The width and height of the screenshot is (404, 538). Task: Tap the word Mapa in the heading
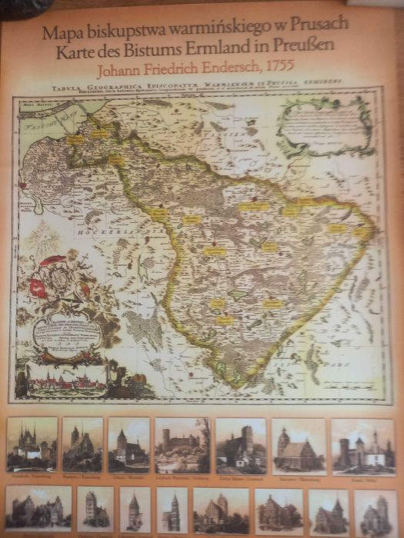pos(60,32)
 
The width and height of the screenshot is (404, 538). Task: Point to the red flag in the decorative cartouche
pos(38,287)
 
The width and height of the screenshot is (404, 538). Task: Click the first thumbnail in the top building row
pos(32,444)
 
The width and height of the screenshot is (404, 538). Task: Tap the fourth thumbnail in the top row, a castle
pos(182,445)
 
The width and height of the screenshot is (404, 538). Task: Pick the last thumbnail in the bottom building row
pos(376,512)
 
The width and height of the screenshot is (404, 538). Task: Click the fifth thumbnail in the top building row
pos(240,445)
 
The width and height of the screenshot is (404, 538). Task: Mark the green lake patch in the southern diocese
pos(239,294)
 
